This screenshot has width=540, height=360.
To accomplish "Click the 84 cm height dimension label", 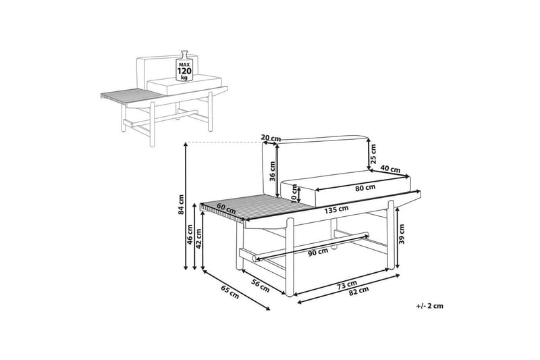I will point(181,205).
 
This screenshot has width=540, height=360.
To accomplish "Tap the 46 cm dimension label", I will point(191,236).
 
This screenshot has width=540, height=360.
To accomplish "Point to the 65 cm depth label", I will point(230,292).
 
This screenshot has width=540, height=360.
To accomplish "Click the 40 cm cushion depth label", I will point(390,169).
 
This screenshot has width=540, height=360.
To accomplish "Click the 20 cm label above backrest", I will point(271,138).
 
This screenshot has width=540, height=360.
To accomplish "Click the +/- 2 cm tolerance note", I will point(430,306).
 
